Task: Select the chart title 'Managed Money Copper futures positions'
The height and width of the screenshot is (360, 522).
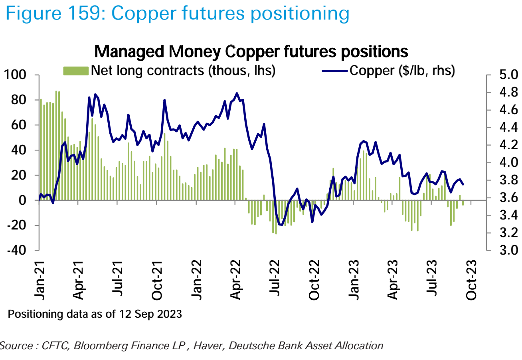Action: click(x=251, y=52)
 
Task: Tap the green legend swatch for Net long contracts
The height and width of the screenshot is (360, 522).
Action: click(x=76, y=71)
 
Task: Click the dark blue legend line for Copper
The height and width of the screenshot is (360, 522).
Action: click(x=335, y=71)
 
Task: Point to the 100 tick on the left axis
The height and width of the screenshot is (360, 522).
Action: click(x=15, y=75)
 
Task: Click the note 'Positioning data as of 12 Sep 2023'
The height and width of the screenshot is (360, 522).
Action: click(x=95, y=314)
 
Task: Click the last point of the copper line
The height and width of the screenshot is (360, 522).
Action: click(x=463, y=184)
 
